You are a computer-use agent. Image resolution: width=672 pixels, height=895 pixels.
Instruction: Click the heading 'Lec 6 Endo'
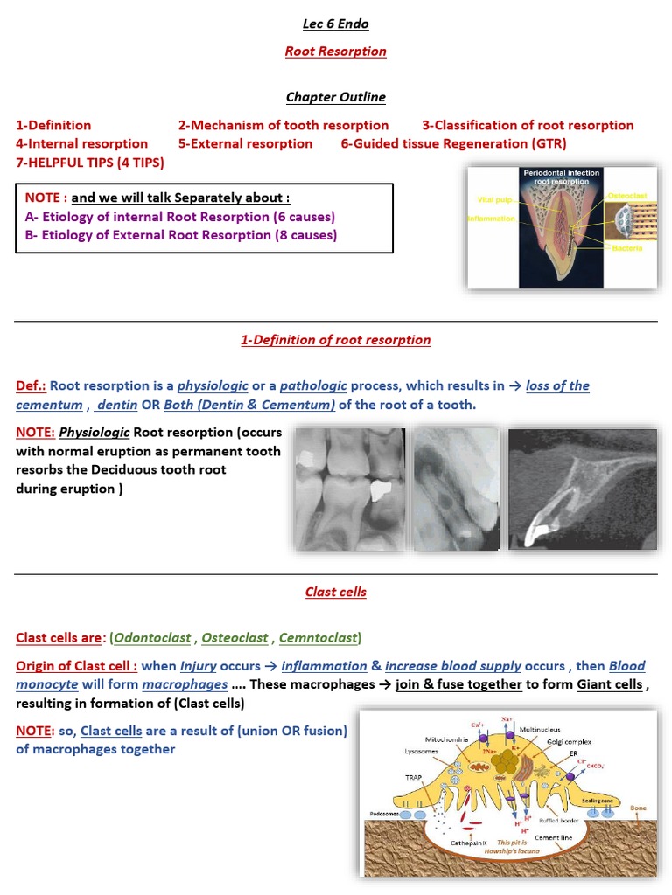[x=335, y=24]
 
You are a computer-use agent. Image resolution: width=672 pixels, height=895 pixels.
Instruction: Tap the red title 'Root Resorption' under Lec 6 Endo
[x=335, y=52]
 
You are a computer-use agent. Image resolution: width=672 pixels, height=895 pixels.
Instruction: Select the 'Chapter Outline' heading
[x=335, y=97]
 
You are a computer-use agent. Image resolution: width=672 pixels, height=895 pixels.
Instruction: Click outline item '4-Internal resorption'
[x=81, y=143]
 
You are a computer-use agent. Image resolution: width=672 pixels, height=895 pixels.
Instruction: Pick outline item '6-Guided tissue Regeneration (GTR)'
[x=453, y=143]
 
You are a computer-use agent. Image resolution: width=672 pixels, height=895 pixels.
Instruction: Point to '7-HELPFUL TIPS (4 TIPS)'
[x=89, y=162]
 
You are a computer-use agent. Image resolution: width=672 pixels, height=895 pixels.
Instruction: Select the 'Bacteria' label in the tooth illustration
[x=627, y=249]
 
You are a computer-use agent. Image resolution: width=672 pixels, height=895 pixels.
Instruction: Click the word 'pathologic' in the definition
[x=312, y=385]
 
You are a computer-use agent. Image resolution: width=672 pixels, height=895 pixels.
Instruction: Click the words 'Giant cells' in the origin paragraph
[x=609, y=684]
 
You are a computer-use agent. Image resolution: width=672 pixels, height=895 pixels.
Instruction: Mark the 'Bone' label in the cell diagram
[x=639, y=808]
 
